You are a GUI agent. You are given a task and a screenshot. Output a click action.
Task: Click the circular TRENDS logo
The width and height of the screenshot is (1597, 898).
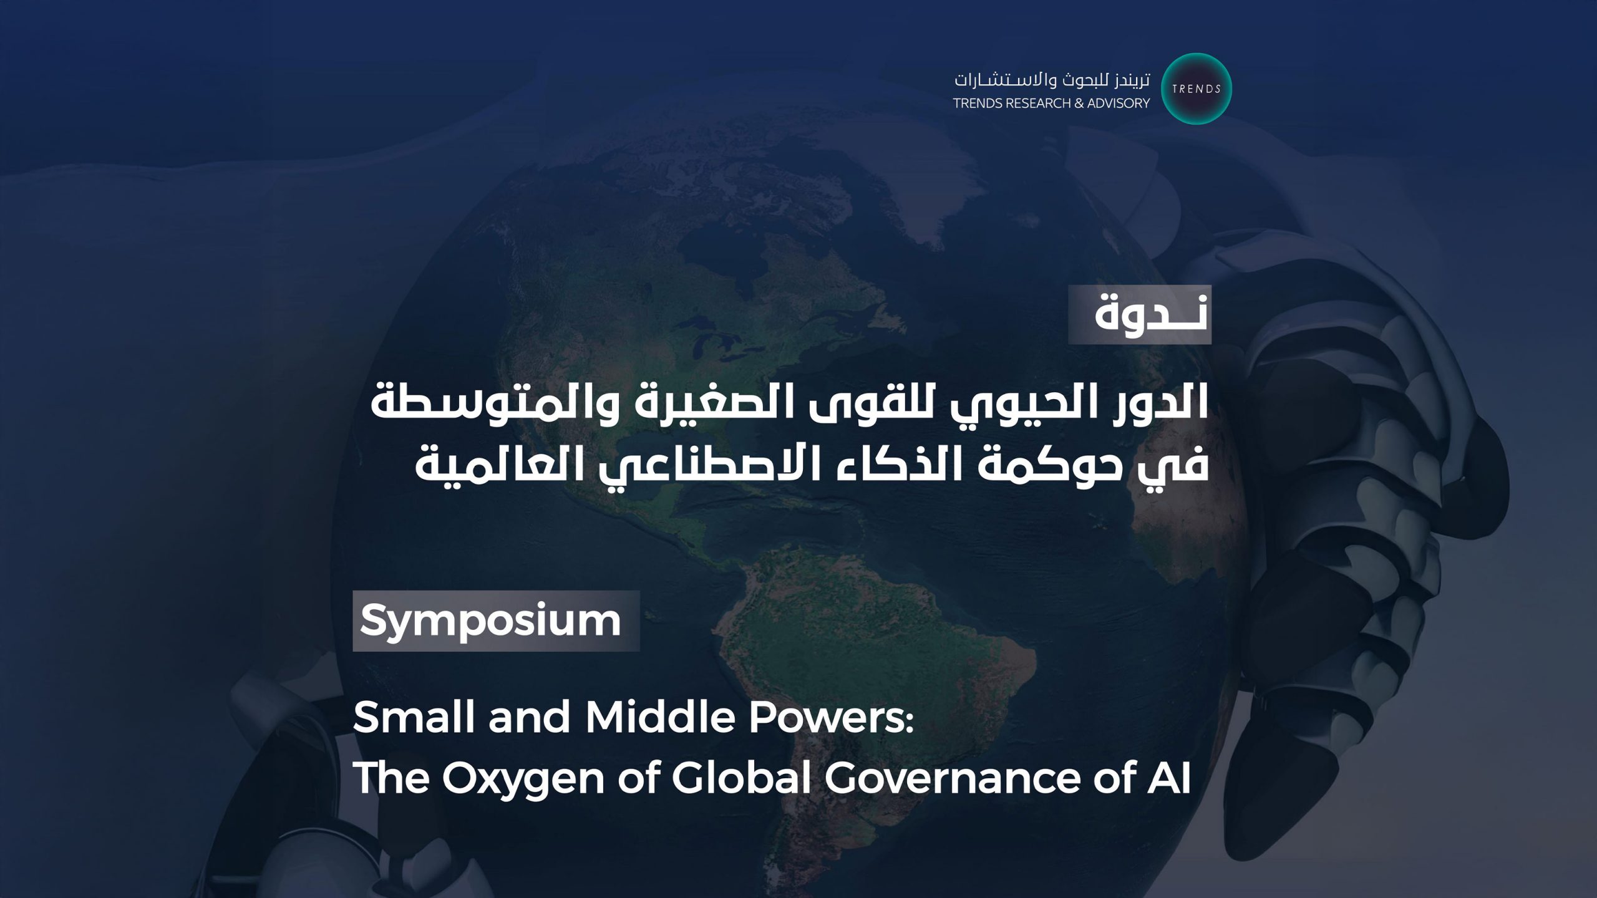1196,89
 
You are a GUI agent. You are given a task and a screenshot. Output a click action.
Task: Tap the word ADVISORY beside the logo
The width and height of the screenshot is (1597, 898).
1119,104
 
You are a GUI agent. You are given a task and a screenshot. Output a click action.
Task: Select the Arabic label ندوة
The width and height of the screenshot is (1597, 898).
1151,314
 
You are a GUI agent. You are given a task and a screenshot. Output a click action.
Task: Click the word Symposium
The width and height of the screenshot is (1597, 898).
490,621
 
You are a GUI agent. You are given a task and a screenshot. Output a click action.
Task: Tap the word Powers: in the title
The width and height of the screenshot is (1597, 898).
831,717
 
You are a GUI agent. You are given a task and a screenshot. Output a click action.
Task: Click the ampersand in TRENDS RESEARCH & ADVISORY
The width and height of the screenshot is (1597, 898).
1079,104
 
